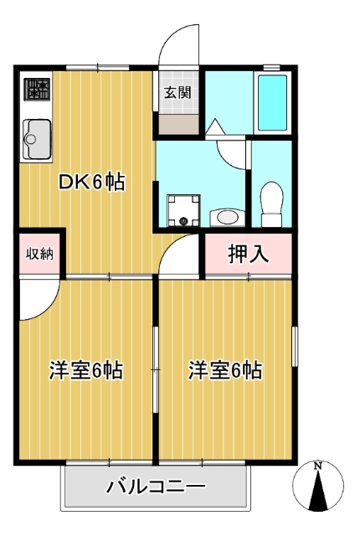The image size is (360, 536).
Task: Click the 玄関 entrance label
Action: [x=177, y=92]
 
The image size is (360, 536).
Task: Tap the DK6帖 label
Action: [x=91, y=182]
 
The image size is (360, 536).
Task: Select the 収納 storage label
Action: [x=39, y=253]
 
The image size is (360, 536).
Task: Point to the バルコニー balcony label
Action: [x=156, y=486]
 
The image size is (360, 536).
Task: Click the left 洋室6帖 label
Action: [x=86, y=369]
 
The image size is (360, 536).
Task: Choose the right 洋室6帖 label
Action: [x=225, y=369]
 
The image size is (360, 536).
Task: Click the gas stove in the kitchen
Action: [x=37, y=90]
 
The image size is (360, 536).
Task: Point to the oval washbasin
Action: [x=226, y=217]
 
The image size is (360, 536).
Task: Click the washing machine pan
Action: [x=183, y=209]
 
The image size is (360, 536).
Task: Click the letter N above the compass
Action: [x=318, y=466]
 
